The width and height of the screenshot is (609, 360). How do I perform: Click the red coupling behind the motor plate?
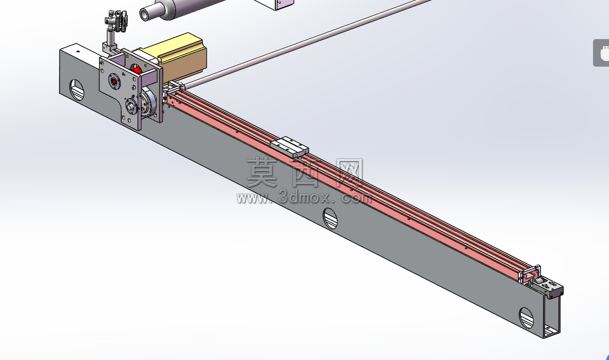(137, 70)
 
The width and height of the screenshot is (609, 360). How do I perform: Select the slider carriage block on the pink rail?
(289, 147)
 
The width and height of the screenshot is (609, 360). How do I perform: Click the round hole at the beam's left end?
(77, 90)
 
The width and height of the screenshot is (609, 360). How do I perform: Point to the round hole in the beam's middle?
(330, 218)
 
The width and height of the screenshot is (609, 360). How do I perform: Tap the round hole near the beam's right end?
(526, 318)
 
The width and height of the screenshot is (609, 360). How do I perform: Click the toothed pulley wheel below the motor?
(148, 101)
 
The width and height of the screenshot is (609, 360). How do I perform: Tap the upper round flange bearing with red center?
(114, 81)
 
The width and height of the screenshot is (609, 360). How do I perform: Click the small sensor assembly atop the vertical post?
(117, 22)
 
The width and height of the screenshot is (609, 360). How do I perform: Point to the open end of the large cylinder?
(145, 15)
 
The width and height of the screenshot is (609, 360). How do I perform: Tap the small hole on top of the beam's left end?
(78, 51)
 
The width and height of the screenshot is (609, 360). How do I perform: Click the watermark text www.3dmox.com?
(304, 198)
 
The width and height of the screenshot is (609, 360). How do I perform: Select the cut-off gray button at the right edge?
(601, 53)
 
